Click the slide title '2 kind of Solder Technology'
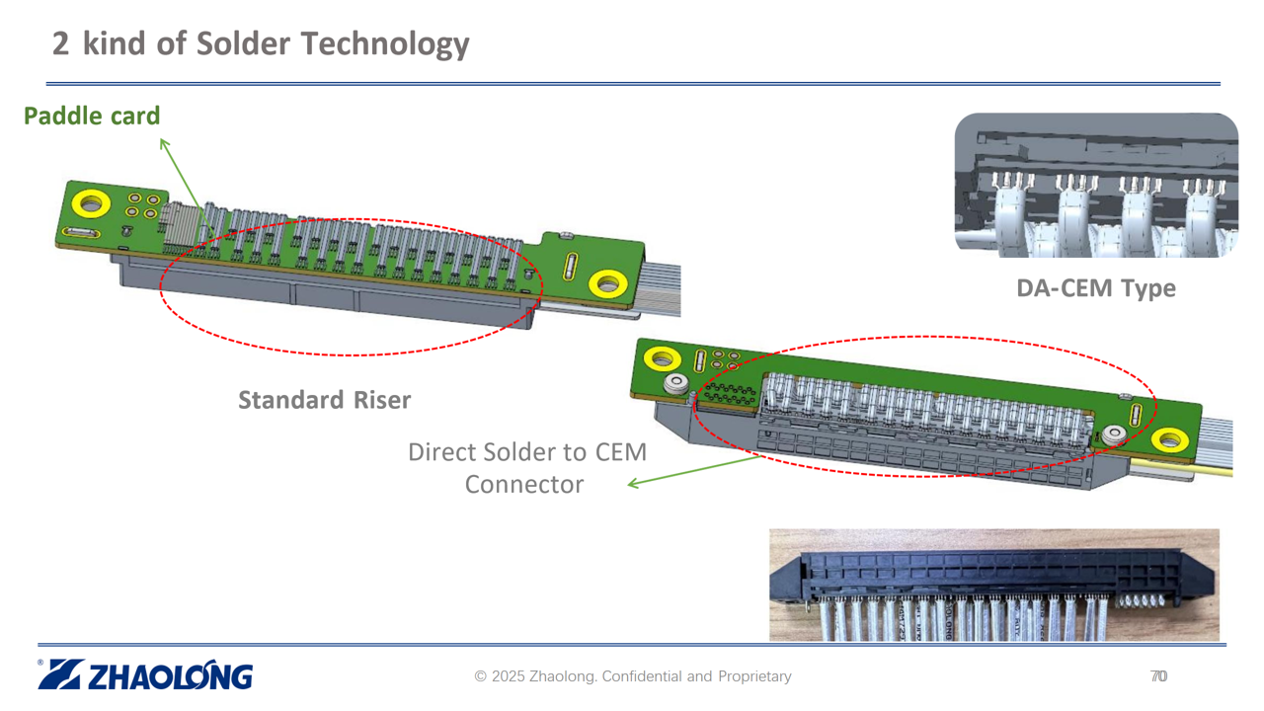(261, 43)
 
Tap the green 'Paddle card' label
(92, 117)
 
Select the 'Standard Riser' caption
(324, 400)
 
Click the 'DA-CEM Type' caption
(1096, 288)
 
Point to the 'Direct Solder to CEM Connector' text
(526, 468)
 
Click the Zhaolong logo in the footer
(146, 675)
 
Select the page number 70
(1158, 676)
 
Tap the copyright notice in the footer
(633, 676)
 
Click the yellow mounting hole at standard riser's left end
(90, 205)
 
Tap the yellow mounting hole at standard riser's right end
(606, 284)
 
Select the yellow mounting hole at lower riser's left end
(662, 357)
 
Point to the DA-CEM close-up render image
(1096, 186)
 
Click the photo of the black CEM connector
(993, 585)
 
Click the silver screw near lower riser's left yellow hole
(677, 384)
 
